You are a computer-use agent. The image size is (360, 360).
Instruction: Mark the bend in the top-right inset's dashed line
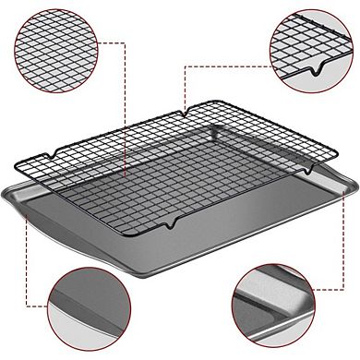[185, 66]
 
